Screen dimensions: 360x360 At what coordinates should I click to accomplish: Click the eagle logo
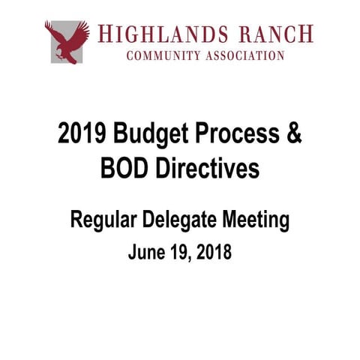[x=67, y=40]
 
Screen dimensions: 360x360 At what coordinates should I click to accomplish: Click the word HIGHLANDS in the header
[x=161, y=34]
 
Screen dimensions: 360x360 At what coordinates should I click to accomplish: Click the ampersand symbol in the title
[x=292, y=135]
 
